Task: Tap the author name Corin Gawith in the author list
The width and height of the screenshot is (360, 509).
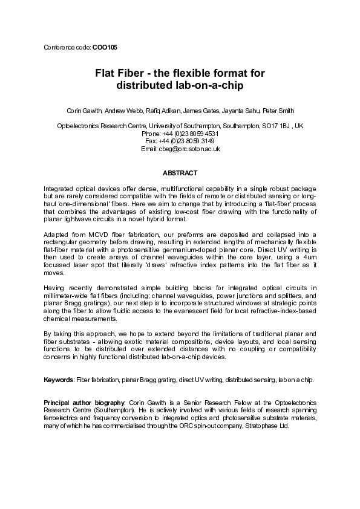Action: pos(84,111)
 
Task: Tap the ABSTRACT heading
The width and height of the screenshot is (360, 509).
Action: pos(180,173)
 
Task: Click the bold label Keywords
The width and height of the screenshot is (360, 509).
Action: pos(59,380)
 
